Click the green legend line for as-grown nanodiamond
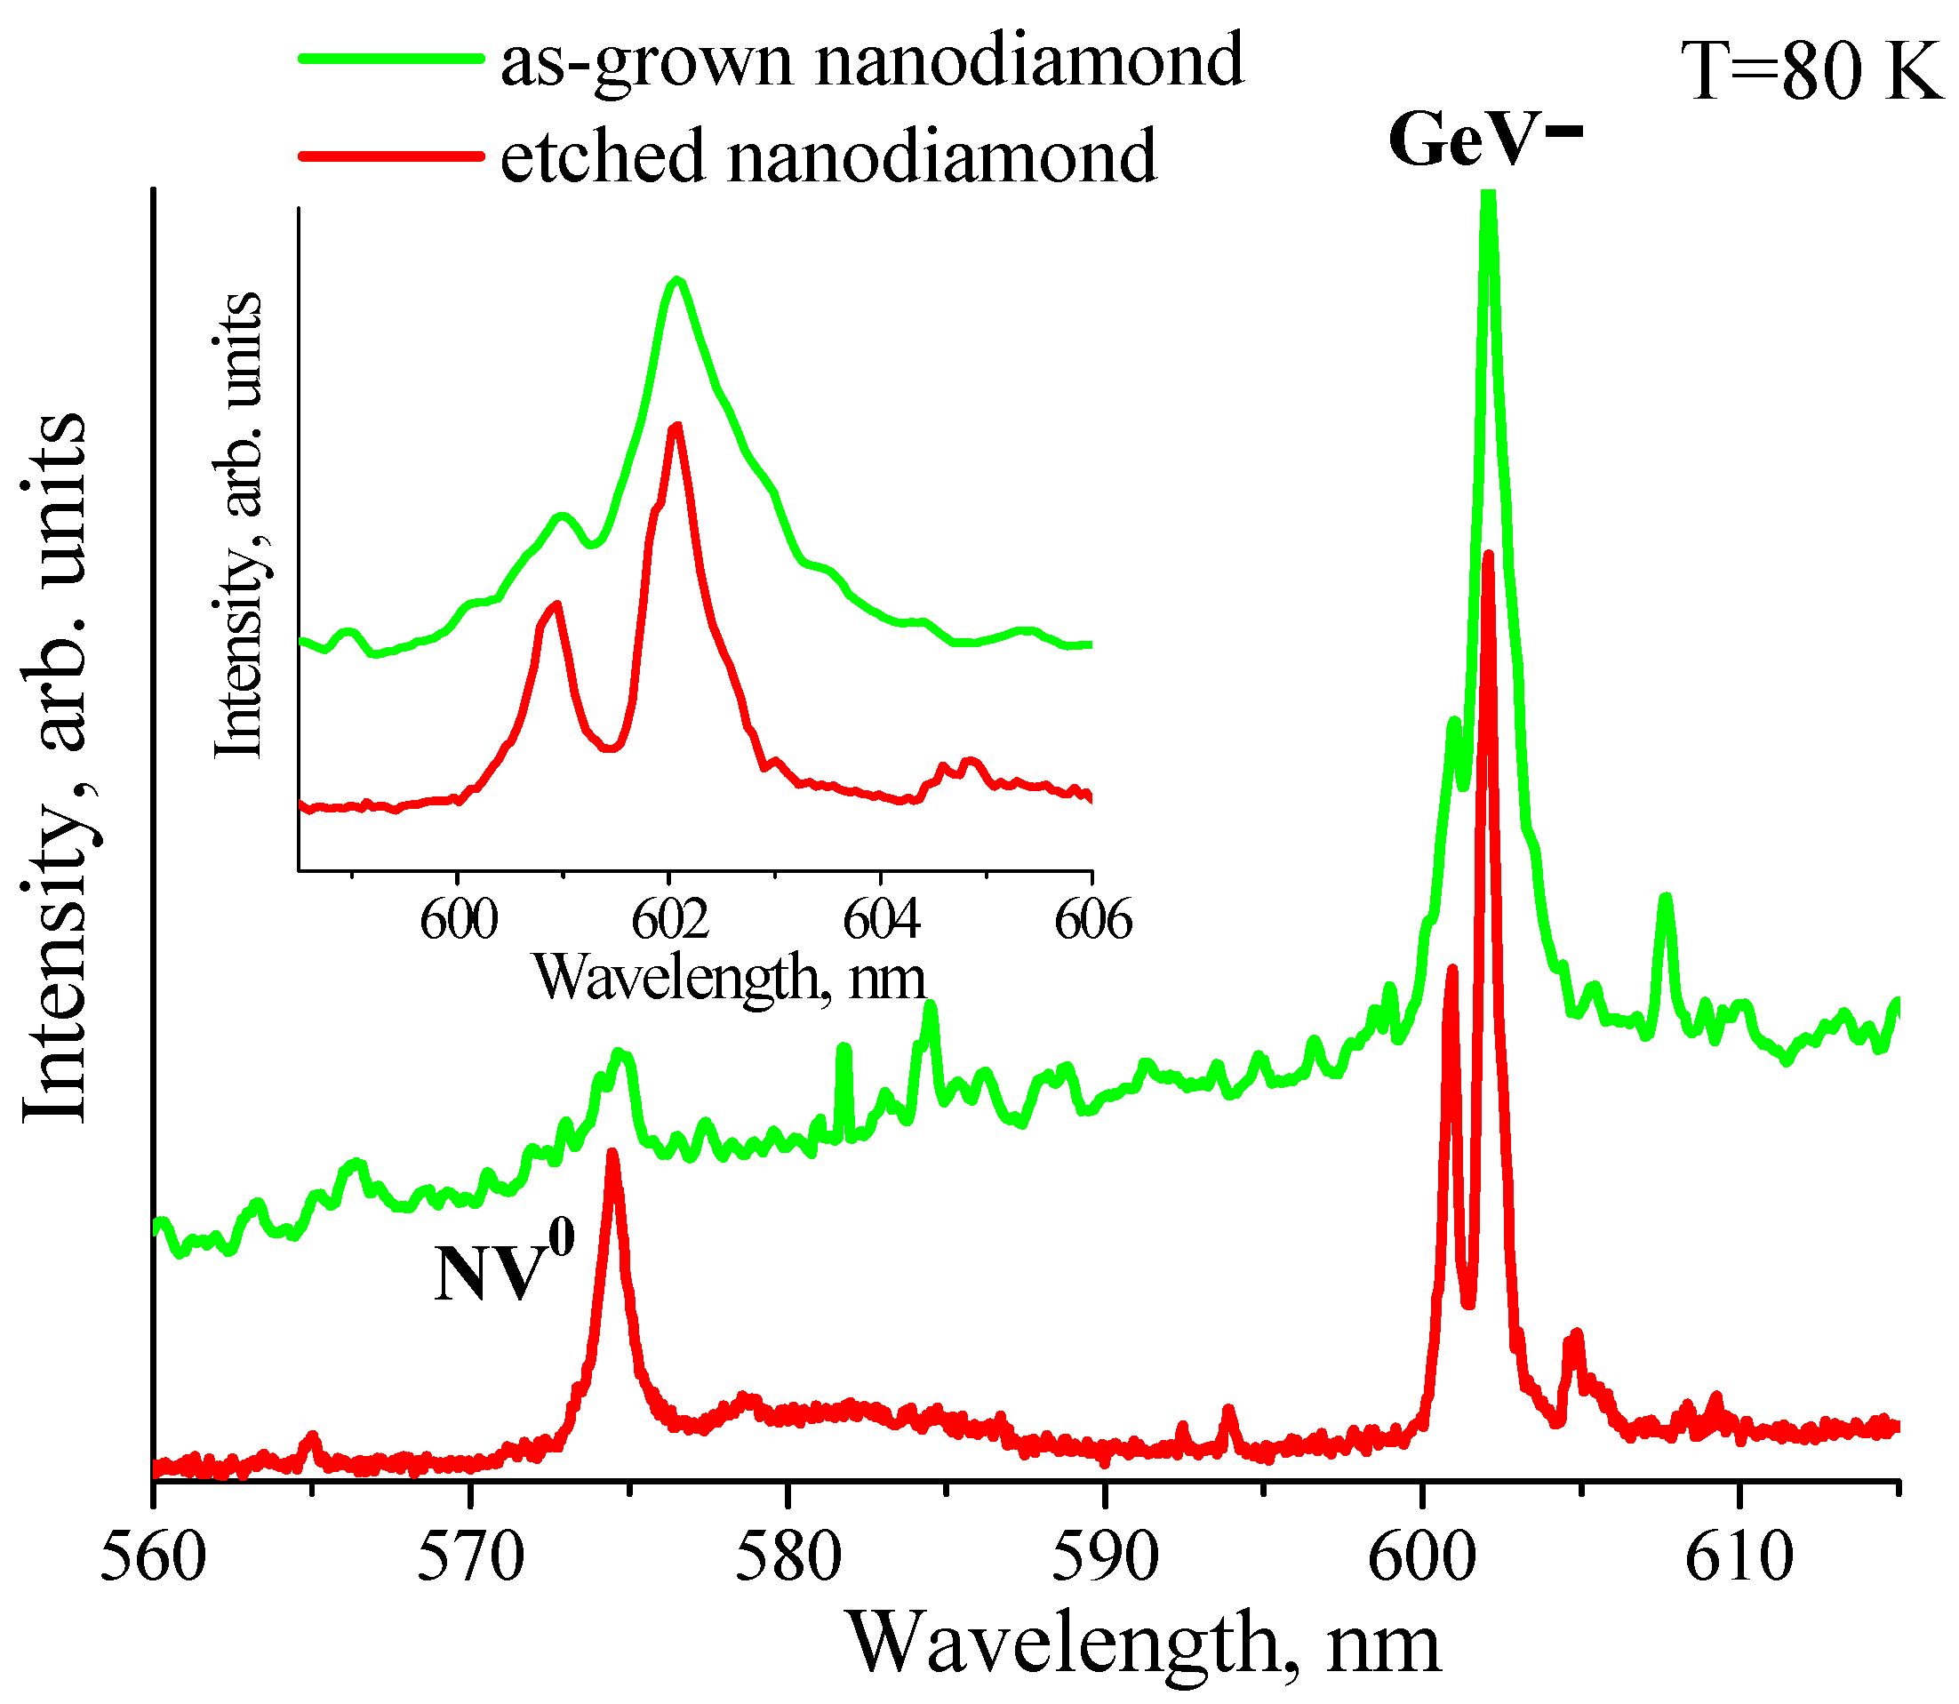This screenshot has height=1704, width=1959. click(x=390, y=59)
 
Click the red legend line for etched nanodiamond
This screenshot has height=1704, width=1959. click(x=390, y=155)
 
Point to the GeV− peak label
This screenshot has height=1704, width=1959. click(x=1483, y=140)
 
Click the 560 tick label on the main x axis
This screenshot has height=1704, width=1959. click(x=153, y=1558)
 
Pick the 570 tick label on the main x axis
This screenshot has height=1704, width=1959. click(x=471, y=1558)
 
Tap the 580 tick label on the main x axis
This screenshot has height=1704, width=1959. click(x=788, y=1558)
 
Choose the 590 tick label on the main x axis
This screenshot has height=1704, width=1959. click(x=1105, y=1558)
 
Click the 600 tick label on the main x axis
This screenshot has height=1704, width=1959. click(x=1423, y=1558)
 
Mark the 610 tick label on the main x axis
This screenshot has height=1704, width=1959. click(x=1739, y=1558)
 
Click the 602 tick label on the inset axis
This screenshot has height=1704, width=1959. click(x=670, y=919)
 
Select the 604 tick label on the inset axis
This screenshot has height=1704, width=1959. click(x=882, y=919)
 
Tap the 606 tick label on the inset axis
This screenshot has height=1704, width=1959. click(x=1092, y=919)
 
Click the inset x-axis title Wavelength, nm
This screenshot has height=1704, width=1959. click(x=730, y=978)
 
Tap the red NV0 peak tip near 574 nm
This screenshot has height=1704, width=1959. click(x=612, y=1156)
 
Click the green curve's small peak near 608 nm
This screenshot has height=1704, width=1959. click(x=1665, y=898)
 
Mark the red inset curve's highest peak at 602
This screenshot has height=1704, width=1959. click(x=676, y=427)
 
